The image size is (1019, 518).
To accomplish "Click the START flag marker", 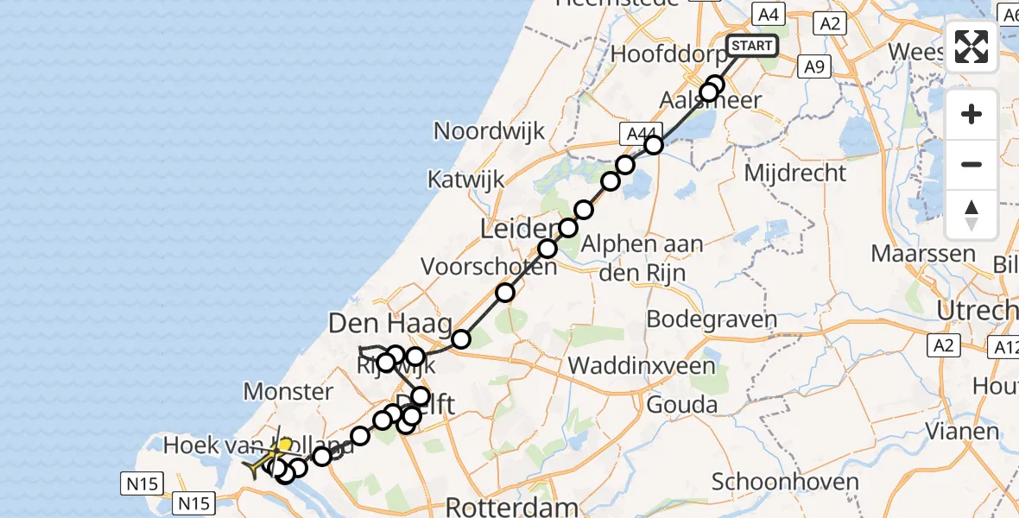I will (753, 46).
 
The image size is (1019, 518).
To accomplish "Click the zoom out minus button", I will (972, 164).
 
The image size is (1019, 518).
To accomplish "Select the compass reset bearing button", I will (972, 215).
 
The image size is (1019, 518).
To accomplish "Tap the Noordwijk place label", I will (489, 131).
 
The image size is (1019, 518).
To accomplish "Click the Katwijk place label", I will (466, 180).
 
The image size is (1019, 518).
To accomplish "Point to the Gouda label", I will (681, 404).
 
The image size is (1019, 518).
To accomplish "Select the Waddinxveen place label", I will (642, 366).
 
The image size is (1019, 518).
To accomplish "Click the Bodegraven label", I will (712, 319).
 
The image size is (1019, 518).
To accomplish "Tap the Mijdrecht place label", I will (795, 173).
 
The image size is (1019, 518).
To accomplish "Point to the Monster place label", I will (288, 392).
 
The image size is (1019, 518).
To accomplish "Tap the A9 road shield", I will (815, 66).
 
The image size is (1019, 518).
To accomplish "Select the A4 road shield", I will (767, 14).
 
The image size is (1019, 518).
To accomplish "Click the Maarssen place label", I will (923, 255).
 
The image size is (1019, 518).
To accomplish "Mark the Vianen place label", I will (958, 429).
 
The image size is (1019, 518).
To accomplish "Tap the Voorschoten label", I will (489, 267).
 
